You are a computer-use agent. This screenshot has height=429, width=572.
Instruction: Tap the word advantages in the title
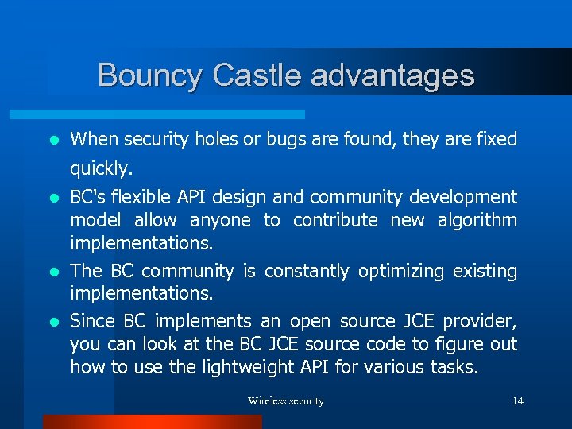point(393,75)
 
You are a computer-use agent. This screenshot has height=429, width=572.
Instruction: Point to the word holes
point(216,140)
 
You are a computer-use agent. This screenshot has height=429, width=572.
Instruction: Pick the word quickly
point(102,169)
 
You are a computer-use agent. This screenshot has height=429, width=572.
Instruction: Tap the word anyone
point(220,220)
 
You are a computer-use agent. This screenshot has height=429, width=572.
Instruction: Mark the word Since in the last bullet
point(92,321)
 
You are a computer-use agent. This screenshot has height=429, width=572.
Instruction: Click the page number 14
point(518,401)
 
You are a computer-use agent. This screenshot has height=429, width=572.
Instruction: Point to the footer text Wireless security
point(286,401)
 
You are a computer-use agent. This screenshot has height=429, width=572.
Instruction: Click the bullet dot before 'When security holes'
point(53,141)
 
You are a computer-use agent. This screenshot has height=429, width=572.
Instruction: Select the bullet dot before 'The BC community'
point(53,272)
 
